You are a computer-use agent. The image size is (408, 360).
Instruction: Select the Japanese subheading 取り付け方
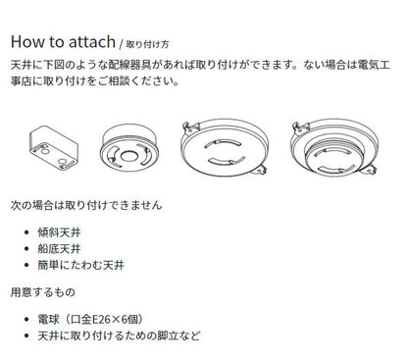point(147,44)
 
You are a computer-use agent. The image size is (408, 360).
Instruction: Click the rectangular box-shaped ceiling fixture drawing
point(54,148)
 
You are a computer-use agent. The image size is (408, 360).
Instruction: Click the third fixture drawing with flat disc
point(225,148)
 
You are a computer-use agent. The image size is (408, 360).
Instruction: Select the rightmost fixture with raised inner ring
point(334,148)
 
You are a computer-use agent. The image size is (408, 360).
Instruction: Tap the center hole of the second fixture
point(128,156)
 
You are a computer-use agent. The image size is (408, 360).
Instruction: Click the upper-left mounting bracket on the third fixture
point(190,128)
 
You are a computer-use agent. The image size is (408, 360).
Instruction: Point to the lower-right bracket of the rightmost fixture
point(369,170)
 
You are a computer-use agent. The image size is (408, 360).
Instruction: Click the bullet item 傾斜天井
point(59,232)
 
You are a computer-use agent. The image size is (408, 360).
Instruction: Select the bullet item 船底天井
point(59,249)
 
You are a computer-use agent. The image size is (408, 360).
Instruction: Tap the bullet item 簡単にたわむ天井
point(80,265)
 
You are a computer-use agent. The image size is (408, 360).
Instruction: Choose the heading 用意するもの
point(43,292)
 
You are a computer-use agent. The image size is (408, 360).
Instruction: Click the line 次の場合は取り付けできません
point(86,205)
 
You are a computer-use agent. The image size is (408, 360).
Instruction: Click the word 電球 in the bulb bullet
point(48,320)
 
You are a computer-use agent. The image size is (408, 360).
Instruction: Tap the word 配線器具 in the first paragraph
point(129,65)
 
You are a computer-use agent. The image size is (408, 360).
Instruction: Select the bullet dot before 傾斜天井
point(26,232)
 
